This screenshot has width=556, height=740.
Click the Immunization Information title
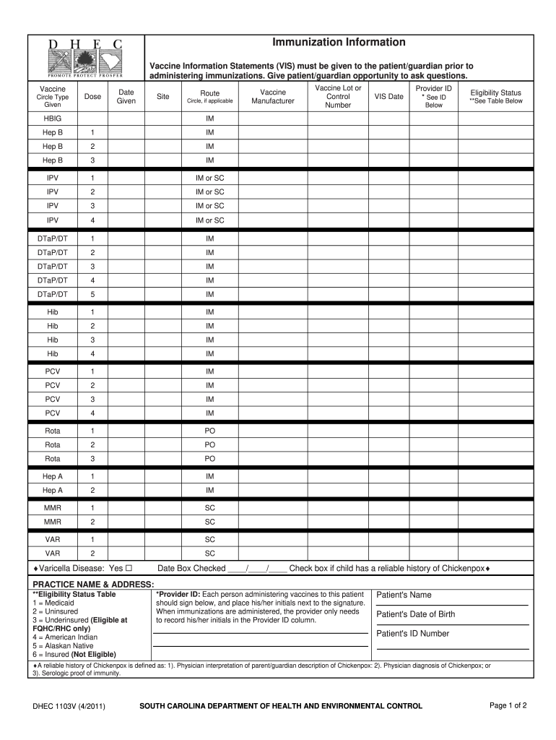pos(339,43)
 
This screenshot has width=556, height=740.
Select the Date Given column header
pos(126,97)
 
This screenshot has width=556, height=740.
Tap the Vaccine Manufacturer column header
pos(273,97)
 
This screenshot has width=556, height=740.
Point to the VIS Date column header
pos(388,97)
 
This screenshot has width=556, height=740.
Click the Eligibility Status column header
pos(495,97)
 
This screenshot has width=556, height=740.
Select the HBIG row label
pos(53,118)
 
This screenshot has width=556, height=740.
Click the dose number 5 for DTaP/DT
pos(92,295)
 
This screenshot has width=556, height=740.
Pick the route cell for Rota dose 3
pos(210,459)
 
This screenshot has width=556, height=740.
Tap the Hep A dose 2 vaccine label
pos(53,491)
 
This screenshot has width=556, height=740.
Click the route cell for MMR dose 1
pos(210,508)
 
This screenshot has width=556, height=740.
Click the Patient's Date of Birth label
pos(416,615)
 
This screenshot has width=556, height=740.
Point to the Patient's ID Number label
pos(413,634)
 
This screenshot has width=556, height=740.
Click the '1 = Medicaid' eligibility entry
pos(55,603)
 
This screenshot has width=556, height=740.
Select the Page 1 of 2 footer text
pos(508,705)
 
